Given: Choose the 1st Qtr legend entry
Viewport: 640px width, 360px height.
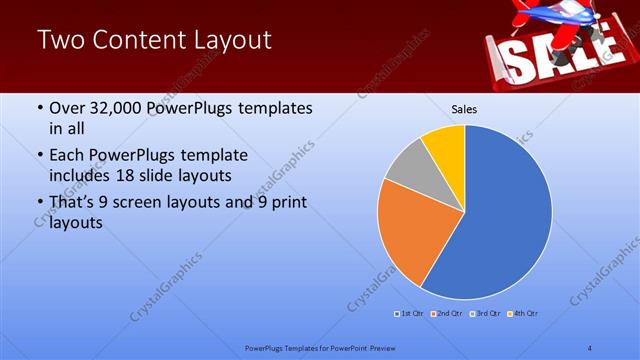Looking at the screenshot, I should tap(411, 314).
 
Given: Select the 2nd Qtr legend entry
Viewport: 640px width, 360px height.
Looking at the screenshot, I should tap(446, 314).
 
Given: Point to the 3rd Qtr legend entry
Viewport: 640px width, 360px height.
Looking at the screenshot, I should tap(486, 314).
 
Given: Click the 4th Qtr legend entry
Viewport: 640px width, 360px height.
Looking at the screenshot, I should tap(524, 314).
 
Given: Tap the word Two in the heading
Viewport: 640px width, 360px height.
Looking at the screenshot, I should tap(58, 40).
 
